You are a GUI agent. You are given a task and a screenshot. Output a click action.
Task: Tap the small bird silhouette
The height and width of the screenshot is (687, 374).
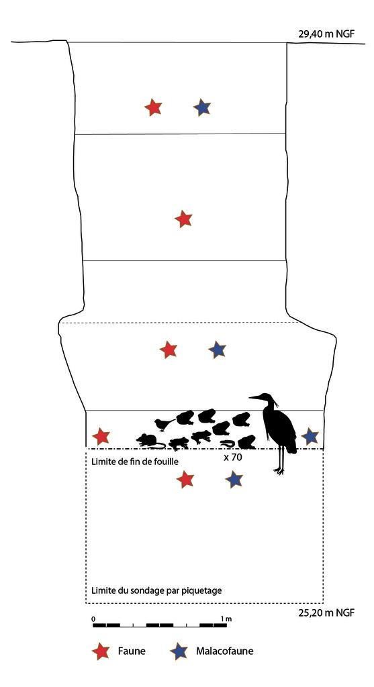tap(162, 424)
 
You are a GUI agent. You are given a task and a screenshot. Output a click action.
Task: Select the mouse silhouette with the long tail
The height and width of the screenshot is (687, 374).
tap(150, 441)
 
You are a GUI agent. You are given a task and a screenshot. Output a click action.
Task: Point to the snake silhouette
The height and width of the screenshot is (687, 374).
tap(228, 443)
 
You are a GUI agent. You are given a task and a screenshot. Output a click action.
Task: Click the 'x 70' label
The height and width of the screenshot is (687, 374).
tap(232, 458)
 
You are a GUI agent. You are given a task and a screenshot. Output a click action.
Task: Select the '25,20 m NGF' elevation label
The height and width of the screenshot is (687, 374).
tap(326, 613)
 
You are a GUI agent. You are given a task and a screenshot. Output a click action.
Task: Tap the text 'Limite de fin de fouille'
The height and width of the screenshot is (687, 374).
tap(134, 462)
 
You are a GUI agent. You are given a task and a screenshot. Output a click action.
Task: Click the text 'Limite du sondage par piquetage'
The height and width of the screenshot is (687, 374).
tap(156, 591)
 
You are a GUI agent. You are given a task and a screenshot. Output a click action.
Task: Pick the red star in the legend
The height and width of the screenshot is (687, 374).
tap(101, 651)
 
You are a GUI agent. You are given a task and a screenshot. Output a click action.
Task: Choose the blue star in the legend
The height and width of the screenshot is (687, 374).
tap(179, 651)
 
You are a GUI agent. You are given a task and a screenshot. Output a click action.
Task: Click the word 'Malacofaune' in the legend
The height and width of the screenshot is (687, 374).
tap(225, 651)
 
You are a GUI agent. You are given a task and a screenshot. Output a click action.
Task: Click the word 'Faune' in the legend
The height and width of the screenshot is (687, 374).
tap(132, 651)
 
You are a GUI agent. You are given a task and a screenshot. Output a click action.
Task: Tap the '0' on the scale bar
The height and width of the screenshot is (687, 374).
tap(93, 618)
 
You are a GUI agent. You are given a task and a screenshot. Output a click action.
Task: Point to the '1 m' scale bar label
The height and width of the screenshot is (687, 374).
tap(226, 618)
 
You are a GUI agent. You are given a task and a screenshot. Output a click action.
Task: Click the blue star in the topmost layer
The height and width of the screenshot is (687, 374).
tap(202, 107)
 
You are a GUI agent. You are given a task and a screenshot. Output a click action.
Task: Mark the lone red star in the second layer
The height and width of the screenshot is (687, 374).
tap(183, 219)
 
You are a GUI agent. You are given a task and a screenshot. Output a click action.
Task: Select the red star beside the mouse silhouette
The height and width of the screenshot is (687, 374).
tap(101, 437)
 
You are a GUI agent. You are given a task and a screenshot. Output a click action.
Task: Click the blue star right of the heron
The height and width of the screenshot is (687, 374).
tap(310, 436)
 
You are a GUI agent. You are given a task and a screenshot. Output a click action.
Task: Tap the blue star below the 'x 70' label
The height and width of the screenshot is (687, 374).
tap(234, 479)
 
